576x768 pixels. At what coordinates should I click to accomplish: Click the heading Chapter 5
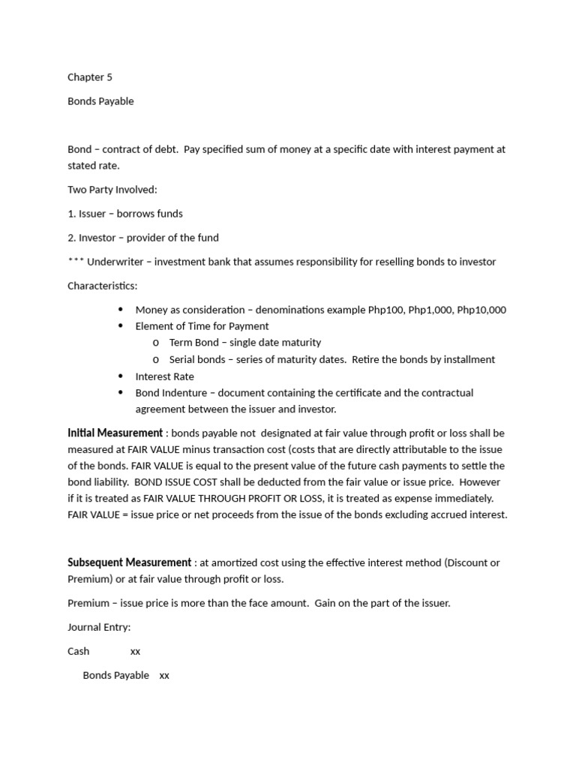[x=89, y=77]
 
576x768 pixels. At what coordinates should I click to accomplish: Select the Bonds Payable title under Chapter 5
[x=100, y=101]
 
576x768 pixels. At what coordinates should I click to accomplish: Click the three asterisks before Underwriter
[x=75, y=262]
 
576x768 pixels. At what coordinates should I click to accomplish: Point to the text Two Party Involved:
[x=112, y=190]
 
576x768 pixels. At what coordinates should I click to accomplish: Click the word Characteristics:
[x=103, y=286]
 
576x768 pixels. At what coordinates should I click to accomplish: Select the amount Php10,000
[x=481, y=310]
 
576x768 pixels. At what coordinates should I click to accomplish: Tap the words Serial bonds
[x=197, y=359]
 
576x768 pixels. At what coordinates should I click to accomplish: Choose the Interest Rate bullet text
[x=164, y=376]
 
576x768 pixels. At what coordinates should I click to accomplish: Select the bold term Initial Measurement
[x=115, y=433]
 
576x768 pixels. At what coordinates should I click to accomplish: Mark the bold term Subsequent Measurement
[x=129, y=562]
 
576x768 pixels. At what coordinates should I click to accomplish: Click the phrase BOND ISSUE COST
[x=175, y=482]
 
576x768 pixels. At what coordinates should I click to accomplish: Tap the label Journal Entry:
[x=99, y=627]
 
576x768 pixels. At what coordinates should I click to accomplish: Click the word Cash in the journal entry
[x=78, y=651]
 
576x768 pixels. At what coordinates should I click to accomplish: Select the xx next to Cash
[x=135, y=652]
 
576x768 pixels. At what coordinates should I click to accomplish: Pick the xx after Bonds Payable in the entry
[x=164, y=676]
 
